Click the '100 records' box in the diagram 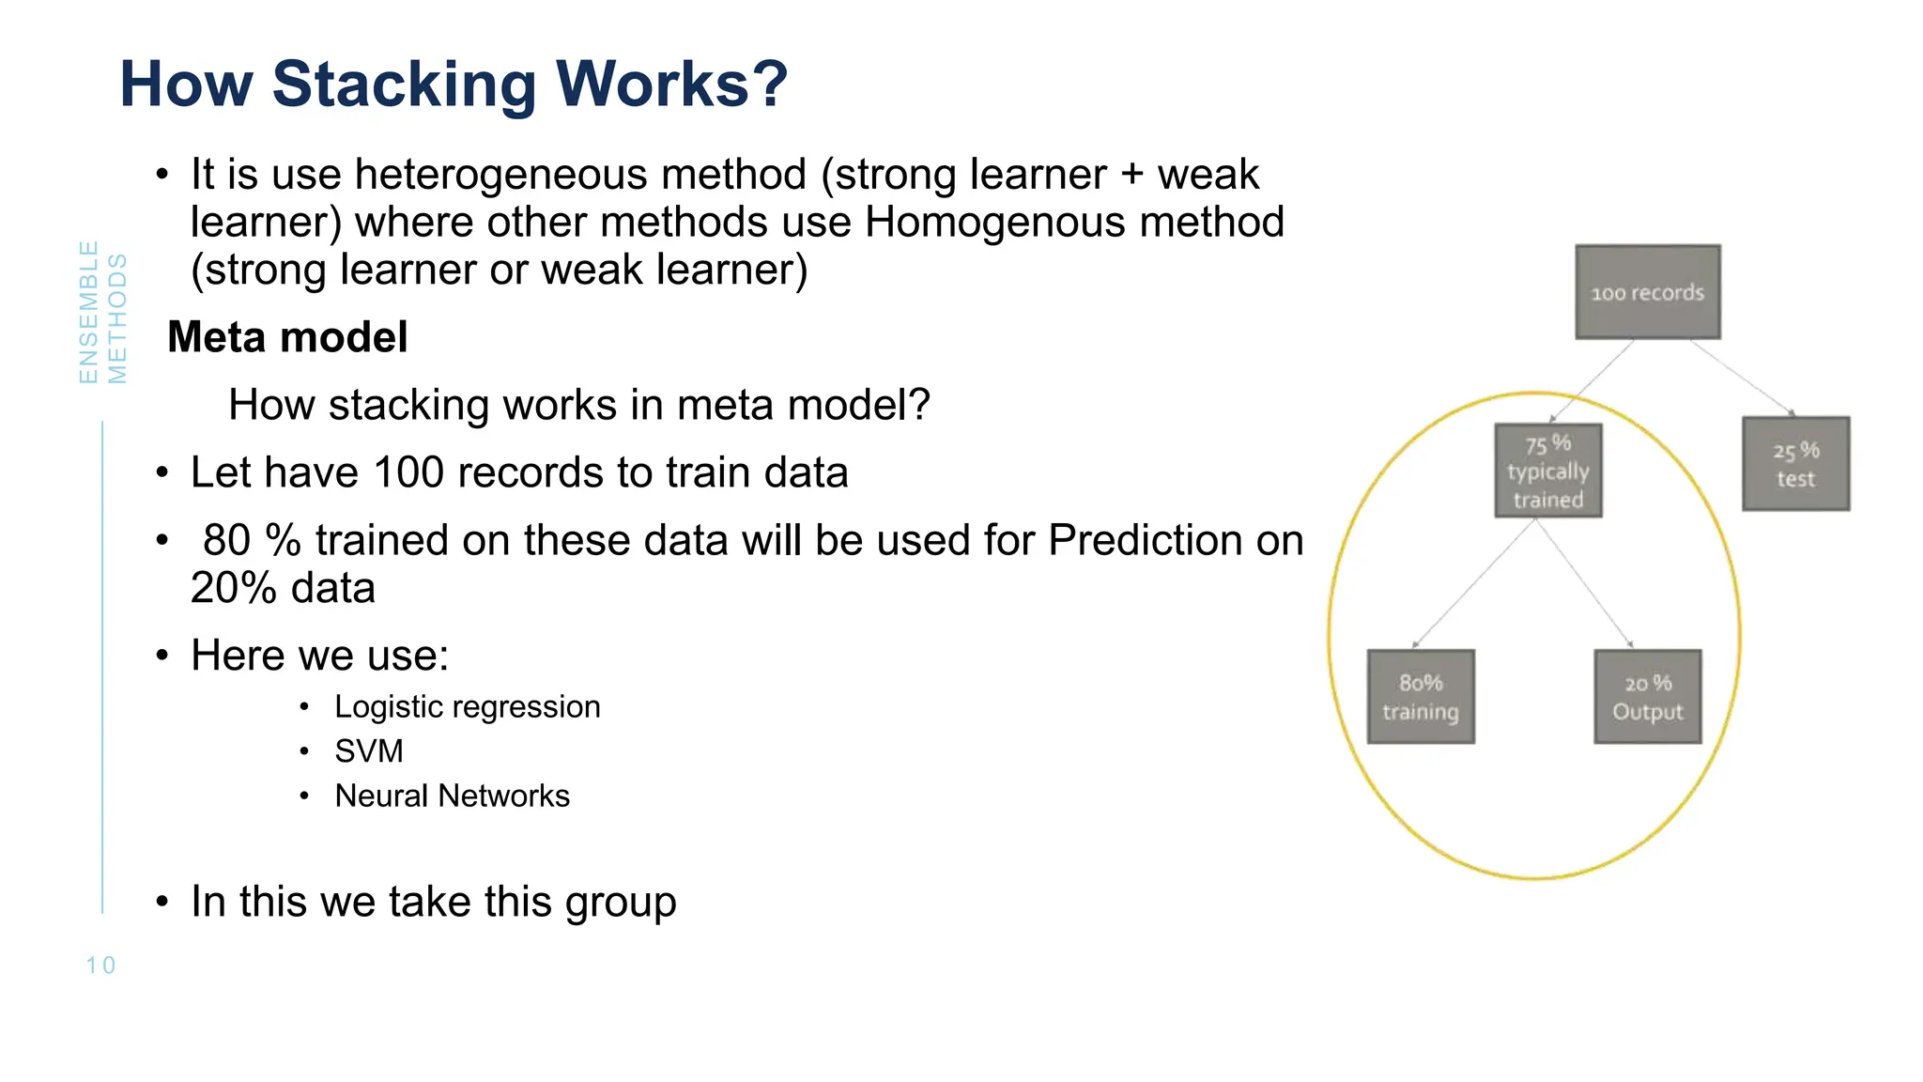(x=1647, y=292)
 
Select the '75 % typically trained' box (x=1547, y=471)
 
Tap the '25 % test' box (x=1795, y=464)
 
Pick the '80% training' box (x=1420, y=697)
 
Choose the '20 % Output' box (x=1647, y=697)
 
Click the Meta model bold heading (x=287, y=337)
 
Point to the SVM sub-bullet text (x=369, y=751)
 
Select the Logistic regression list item (x=467, y=706)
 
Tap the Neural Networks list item (x=452, y=796)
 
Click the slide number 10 (x=100, y=966)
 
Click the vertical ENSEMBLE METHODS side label (x=102, y=313)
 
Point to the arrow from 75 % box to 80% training (x=1474, y=583)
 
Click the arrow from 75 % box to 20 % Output (x=1584, y=583)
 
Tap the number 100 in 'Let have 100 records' (x=409, y=472)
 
